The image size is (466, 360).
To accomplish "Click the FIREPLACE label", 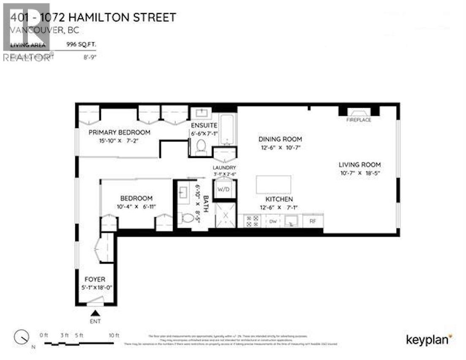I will point(359,120).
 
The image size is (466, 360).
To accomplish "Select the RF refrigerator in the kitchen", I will point(313,220).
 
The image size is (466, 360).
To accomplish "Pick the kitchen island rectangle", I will point(273,185).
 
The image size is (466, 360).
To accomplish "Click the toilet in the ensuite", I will point(200,147).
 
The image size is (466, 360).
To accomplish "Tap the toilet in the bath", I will point(187,218).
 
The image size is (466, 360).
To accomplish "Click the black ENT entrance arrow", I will point(96,313).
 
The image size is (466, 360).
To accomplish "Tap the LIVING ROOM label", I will point(359,165).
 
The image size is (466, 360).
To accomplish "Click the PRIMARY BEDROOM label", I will point(119,132).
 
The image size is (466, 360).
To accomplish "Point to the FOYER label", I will point(95,279).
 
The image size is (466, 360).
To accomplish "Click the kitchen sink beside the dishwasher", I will point(291,221).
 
